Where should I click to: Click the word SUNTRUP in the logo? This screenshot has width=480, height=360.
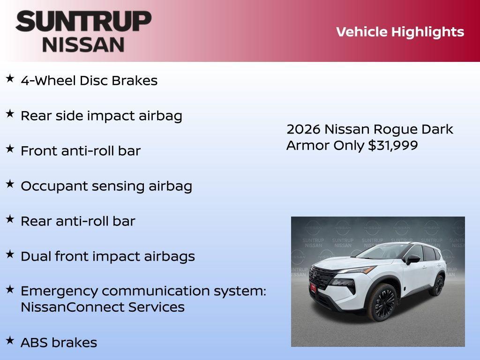[83, 21]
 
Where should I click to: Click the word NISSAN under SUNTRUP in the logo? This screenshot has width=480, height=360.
[83, 44]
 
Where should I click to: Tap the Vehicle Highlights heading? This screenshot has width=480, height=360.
[400, 32]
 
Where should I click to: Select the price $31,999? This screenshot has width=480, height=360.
[393, 145]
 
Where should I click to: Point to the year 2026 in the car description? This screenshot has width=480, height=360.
[303, 129]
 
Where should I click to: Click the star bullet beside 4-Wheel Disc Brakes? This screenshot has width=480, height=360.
[10, 79]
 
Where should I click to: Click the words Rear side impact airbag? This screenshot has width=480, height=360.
[101, 116]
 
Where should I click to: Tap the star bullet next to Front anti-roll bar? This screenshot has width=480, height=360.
[10, 149]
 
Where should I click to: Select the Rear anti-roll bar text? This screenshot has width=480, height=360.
[78, 221]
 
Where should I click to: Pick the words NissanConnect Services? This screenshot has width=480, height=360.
[103, 307]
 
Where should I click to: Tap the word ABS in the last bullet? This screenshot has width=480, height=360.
[34, 343]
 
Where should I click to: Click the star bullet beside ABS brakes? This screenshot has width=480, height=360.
[10, 340]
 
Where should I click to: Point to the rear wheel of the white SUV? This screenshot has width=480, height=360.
[438, 285]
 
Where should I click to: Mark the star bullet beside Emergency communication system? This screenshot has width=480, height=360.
[10, 289]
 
